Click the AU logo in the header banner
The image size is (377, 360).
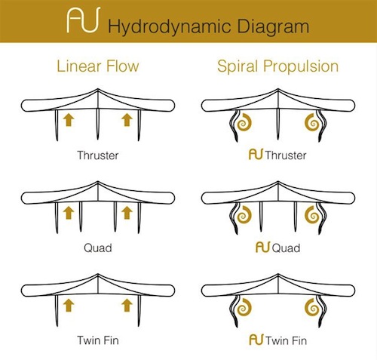pos(84,20)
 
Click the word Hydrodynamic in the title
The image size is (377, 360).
pos(170,26)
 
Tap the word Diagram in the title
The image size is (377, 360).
pos(273,26)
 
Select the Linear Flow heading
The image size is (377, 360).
pos(98,66)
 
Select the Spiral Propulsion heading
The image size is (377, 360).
pos(278,66)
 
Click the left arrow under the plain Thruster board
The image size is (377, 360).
pos(69,119)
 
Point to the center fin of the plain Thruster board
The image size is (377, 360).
pos(98,124)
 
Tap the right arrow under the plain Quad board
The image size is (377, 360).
pos(127,213)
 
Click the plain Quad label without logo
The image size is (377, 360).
pos(98,248)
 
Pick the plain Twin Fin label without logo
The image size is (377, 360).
pos(98,340)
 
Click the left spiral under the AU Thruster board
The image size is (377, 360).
pos(244,122)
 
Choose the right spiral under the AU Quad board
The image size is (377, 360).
pos(312,215)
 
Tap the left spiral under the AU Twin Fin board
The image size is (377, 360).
pos(244,307)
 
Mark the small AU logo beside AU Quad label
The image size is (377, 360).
pos(263,247)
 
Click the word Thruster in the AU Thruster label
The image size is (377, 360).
pos(286,155)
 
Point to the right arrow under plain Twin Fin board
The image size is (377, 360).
pos(127,305)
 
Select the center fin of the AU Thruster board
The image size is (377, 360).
pos(278,124)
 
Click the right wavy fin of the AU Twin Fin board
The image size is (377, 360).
pos(322,311)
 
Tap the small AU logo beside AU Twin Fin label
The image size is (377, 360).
pos(256,340)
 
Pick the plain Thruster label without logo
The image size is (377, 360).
pos(98,155)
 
